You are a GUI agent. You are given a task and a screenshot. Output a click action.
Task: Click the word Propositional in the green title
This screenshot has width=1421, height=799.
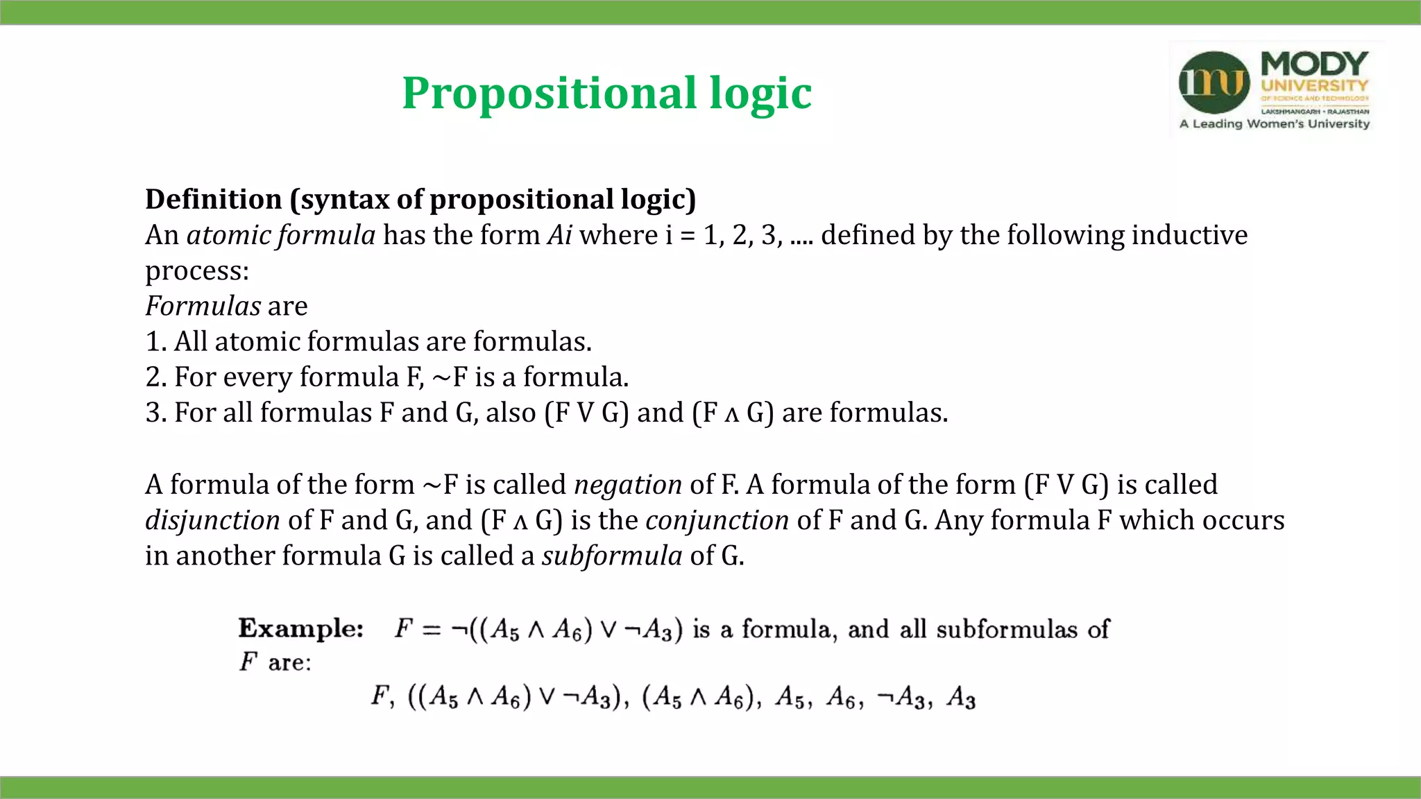tap(549, 94)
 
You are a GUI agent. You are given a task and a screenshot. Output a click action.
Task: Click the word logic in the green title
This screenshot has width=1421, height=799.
tap(760, 94)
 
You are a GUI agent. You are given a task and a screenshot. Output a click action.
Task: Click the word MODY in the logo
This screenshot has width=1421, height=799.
tap(1314, 64)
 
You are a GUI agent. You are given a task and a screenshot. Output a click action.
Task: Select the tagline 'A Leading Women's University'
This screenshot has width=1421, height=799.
tap(1275, 124)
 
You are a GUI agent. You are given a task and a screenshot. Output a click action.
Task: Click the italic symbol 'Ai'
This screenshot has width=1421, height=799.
tap(559, 235)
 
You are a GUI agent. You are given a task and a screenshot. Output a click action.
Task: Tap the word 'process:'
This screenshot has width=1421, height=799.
tap(197, 271)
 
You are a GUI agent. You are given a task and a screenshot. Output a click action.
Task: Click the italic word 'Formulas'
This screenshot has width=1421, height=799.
tap(203, 306)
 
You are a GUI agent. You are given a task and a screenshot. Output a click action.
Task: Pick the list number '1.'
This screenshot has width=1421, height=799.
tap(155, 342)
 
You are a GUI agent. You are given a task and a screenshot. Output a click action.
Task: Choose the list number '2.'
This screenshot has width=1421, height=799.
tap(155, 377)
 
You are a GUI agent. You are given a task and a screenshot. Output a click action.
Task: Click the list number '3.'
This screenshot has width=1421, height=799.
tap(155, 413)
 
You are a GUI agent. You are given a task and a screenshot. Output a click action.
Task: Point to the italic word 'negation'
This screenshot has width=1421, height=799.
tap(628, 485)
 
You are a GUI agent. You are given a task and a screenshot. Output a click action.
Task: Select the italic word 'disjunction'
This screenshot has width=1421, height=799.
tap(212, 520)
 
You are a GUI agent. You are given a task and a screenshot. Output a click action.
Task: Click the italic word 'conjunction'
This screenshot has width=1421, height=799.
tap(717, 520)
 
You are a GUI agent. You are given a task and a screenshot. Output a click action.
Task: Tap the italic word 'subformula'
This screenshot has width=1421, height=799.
tap(612, 556)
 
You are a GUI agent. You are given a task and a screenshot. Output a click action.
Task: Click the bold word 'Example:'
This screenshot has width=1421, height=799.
tap(300, 628)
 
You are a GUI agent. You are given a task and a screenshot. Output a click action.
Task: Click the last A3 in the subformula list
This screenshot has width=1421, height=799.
tap(962, 697)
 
